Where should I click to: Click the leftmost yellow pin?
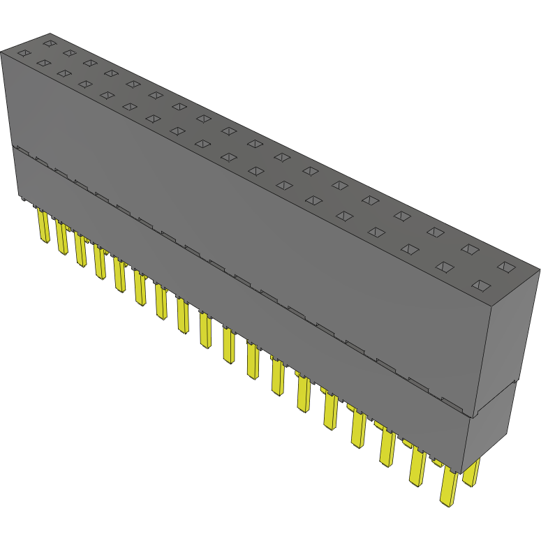44,228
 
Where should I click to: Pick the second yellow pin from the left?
62,239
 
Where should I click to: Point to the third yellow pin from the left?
81,251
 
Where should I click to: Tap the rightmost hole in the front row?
480,285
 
